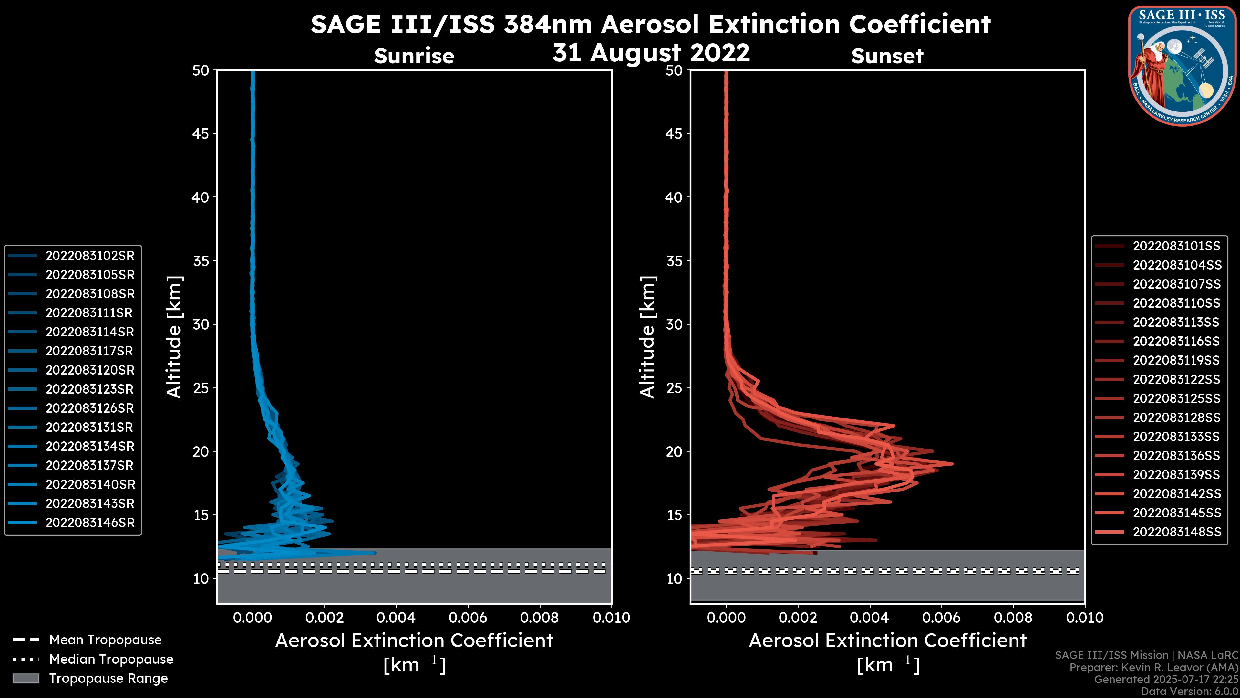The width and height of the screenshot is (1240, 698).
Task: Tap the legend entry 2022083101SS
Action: [1176, 246]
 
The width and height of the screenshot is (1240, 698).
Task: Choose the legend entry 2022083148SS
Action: [1176, 532]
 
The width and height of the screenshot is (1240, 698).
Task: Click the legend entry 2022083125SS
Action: [1176, 398]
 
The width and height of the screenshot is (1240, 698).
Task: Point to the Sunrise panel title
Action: [414, 56]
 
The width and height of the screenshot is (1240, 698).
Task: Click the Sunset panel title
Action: [887, 56]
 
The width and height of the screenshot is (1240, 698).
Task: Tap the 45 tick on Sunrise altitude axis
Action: [201, 133]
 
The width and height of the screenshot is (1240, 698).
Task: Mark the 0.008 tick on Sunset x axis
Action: [1013, 618]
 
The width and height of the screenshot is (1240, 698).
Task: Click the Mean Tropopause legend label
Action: [105, 640]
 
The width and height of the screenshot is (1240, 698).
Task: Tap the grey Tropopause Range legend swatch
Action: [26, 678]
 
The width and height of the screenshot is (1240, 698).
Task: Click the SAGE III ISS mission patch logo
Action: [1182, 66]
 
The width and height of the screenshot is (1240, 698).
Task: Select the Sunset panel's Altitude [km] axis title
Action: [648, 337]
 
